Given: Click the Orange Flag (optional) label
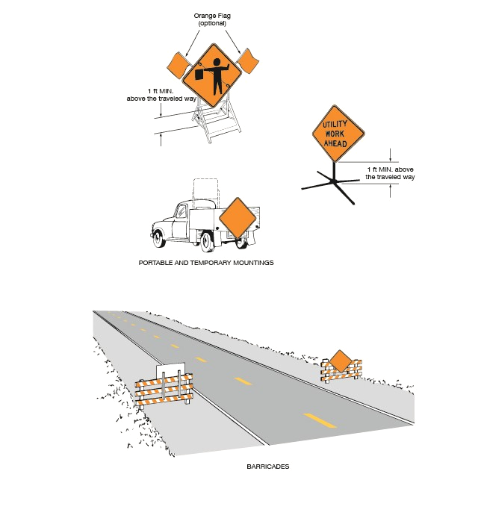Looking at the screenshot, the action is tap(212, 19).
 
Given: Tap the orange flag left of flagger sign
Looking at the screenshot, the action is tap(179, 64).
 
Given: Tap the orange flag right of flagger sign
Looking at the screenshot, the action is tap(248, 61).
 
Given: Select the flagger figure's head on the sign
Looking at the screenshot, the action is tap(217, 62).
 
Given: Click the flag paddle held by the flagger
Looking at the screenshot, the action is tap(199, 74).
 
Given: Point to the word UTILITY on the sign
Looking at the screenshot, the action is tap(335, 125).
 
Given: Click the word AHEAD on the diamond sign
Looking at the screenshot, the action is tap(335, 143).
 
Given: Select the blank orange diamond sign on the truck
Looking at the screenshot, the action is tap(238, 218).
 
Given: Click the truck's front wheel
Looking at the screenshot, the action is tap(159, 239).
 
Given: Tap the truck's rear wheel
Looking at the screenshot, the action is tap(207, 243).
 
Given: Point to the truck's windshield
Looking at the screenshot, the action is tap(179, 211).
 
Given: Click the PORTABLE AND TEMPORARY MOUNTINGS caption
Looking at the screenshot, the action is tap(206, 263).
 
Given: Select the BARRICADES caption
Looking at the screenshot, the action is tap(268, 467).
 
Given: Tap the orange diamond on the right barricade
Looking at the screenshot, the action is tap(340, 361).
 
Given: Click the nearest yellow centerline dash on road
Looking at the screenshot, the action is tap(320, 420).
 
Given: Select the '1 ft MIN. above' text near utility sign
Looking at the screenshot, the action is tap(391, 169).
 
